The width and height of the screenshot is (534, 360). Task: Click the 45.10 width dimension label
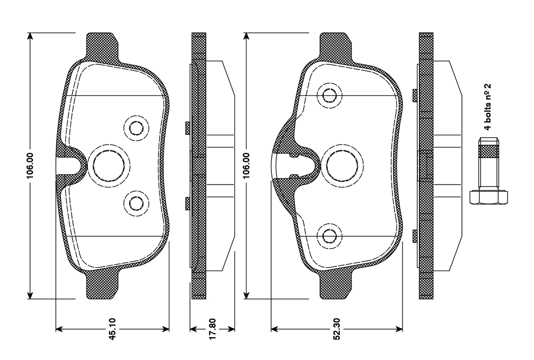coord(112,329)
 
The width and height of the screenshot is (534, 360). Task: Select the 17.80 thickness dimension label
coord(212,329)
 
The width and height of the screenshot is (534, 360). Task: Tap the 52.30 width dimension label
coord(336,329)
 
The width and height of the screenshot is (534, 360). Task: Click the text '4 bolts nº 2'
coord(488,107)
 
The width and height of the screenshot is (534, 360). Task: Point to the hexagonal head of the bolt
coord(489,197)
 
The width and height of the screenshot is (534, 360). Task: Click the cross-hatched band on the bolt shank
coord(489,151)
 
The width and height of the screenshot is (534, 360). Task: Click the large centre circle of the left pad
coord(109,166)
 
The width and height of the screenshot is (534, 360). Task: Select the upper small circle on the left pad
coord(136,128)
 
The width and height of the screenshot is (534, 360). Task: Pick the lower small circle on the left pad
coord(136,204)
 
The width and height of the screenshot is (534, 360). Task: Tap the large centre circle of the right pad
coord(342,166)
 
